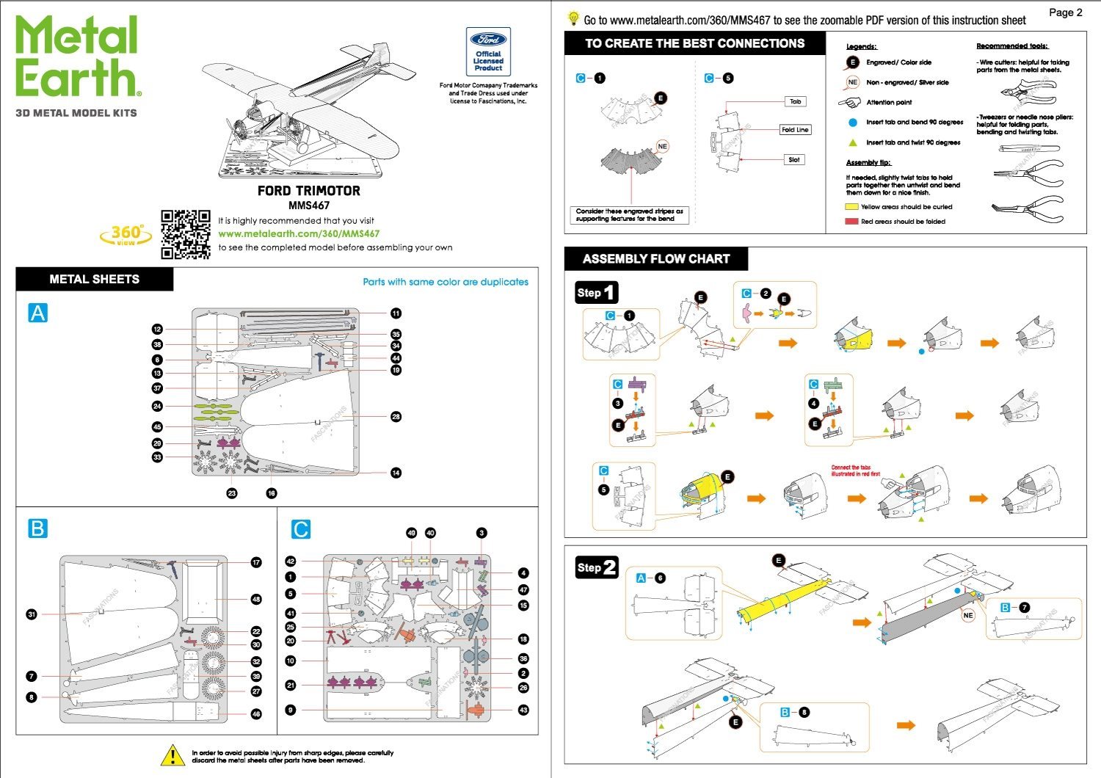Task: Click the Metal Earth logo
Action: click(77, 57)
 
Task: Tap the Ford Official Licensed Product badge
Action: click(488, 51)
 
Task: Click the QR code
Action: click(186, 235)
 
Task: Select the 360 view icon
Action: click(126, 235)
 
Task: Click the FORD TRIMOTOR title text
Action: click(308, 191)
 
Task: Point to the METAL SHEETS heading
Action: click(94, 280)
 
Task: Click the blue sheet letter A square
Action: click(37, 313)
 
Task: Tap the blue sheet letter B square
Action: click(37, 528)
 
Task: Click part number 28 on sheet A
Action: click(396, 416)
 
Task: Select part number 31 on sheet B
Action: click(32, 614)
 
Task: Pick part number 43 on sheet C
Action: click(523, 710)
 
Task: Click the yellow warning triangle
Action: click(172, 755)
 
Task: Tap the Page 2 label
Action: click(1065, 12)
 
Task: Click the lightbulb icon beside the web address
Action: click(573, 18)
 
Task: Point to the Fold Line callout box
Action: click(795, 130)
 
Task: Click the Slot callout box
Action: click(794, 159)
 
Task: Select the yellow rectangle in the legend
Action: click(851, 207)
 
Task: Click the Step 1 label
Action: click(596, 293)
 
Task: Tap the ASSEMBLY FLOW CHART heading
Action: click(656, 259)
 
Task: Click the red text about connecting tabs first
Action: click(851, 470)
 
